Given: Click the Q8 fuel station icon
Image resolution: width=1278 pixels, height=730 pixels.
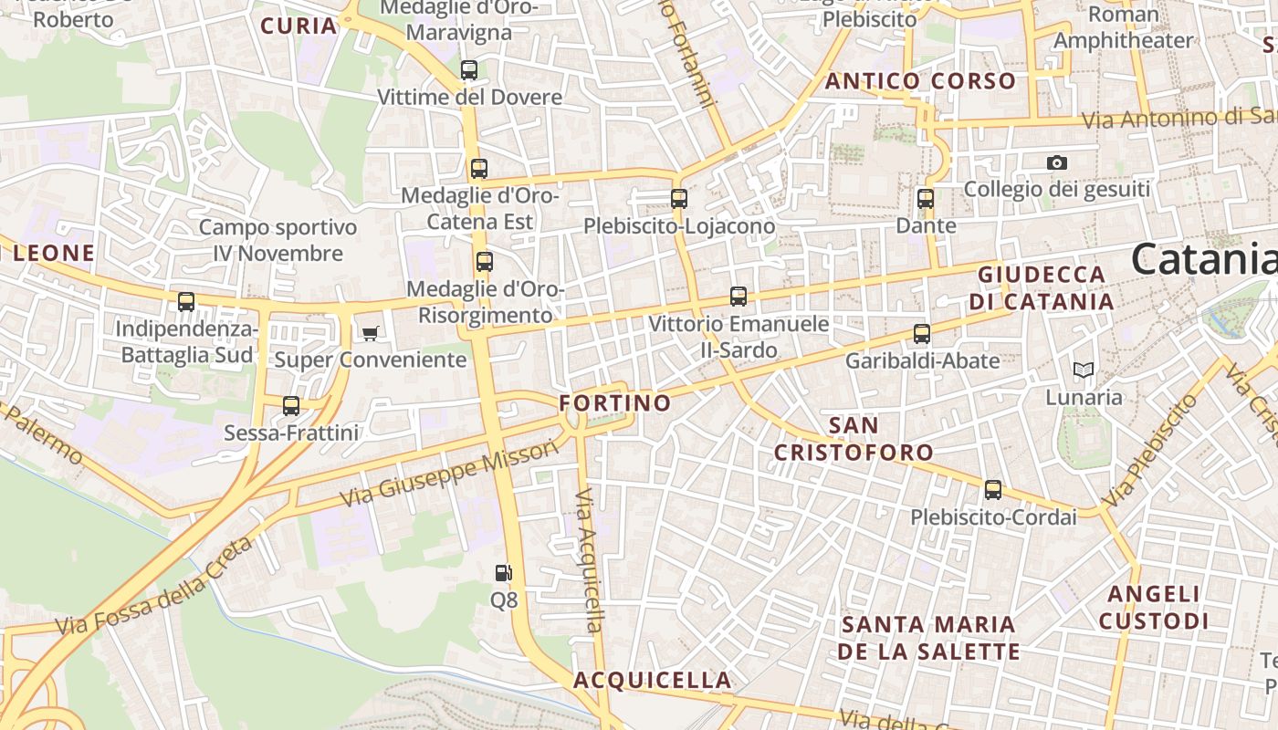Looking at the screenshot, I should [x=503, y=573].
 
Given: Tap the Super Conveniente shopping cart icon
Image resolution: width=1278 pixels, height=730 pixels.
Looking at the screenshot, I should [x=370, y=333].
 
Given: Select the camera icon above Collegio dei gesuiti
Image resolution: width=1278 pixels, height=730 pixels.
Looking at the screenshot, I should [x=1057, y=162].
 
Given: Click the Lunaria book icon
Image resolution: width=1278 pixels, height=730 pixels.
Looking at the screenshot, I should [x=1084, y=370].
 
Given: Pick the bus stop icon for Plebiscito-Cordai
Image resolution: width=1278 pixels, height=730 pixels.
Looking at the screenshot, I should [x=993, y=490].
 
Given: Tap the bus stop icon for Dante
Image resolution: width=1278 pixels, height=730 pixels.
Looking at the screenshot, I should [x=926, y=198].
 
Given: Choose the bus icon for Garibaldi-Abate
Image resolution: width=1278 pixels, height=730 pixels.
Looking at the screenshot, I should [x=922, y=334].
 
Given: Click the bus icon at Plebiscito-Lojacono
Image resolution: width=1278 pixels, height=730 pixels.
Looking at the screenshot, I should [x=679, y=198].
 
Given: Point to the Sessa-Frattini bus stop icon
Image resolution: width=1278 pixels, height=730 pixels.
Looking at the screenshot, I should [x=291, y=406].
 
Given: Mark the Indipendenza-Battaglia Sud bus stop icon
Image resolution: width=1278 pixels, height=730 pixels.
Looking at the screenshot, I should [x=186, y=301].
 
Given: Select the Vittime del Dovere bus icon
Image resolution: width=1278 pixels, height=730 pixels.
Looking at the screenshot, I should [x=469, y=69].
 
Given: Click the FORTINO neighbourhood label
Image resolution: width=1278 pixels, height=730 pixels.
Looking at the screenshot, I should [x=614, y=402].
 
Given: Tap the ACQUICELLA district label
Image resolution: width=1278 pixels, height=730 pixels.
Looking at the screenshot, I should [x=652, y=680].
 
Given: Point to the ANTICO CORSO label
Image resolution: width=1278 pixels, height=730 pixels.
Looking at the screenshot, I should [x=920, y=80].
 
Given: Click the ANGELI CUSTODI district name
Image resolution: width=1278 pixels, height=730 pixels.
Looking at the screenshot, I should [x=1154, y=608].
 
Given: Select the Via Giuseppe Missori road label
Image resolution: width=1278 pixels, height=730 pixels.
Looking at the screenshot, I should [x=448, y=474].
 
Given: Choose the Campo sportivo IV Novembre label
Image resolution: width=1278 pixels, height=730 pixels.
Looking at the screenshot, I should [x=278, y=240].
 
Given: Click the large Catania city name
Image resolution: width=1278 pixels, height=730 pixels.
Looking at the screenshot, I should [x=1203, y=260].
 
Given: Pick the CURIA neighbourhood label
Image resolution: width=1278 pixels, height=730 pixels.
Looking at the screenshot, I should [x=299, y=26].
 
